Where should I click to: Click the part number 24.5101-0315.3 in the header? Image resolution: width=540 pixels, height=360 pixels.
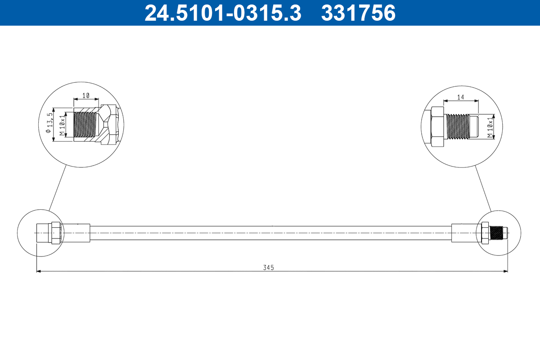click(x=222, y=13)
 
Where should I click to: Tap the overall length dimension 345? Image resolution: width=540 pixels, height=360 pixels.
click(x=269, y=267)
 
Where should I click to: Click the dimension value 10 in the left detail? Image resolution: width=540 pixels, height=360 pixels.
click(x=86, y=96)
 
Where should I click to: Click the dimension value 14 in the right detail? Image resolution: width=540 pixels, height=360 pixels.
click(x=460, y=97)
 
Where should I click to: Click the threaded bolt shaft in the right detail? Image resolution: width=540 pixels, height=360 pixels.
click(x=457, y=126)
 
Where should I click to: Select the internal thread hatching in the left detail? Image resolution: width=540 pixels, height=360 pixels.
click(x=85, y=125)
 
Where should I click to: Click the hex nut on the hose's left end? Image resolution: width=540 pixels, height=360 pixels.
click(x=55, y=233)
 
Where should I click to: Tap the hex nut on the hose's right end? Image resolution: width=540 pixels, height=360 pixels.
click(x=485, y=233)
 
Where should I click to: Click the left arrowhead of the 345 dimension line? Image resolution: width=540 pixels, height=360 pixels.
click(x=39, y=271)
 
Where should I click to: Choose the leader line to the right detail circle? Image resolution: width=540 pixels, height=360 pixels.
click(x=483, y=188)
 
